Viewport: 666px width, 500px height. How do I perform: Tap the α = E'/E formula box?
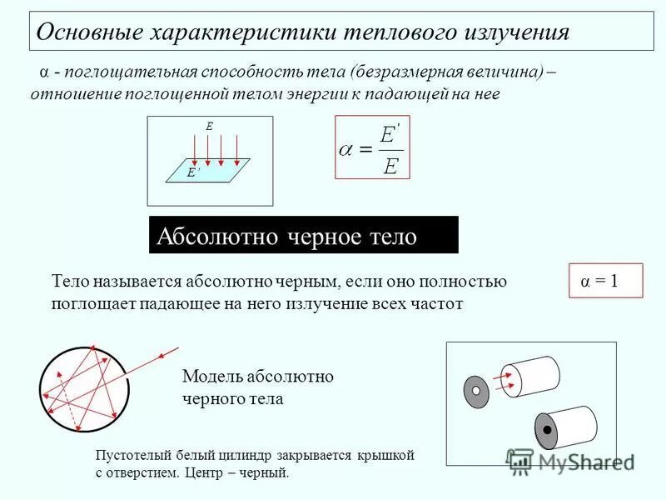pos(372,148)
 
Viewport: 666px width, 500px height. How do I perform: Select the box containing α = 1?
pos(606,281)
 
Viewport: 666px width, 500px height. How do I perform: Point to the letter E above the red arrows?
pos(210,126)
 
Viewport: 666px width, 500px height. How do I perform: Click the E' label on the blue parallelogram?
pos(193,172)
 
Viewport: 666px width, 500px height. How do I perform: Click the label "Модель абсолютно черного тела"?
pos(257,387)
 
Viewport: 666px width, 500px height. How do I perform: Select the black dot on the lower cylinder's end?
pos(547,430)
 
